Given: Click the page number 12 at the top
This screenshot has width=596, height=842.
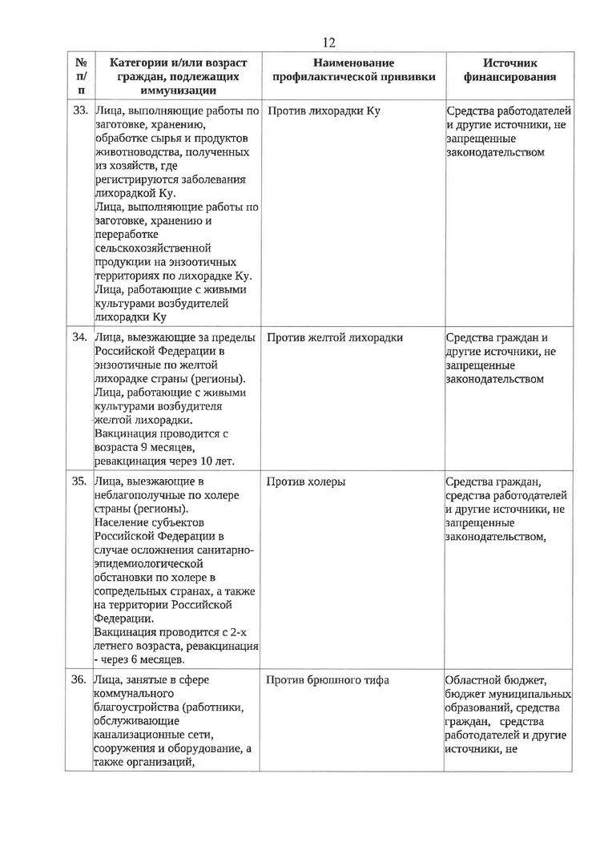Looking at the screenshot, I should pos(328,43).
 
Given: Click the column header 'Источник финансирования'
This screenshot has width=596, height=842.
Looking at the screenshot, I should pos(509,70).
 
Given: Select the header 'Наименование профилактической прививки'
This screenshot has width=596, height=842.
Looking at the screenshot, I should pos(354,70).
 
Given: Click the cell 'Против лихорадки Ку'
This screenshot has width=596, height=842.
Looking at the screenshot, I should pos(323,110).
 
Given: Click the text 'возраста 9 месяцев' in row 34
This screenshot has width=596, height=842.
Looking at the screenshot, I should pos(143,447).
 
